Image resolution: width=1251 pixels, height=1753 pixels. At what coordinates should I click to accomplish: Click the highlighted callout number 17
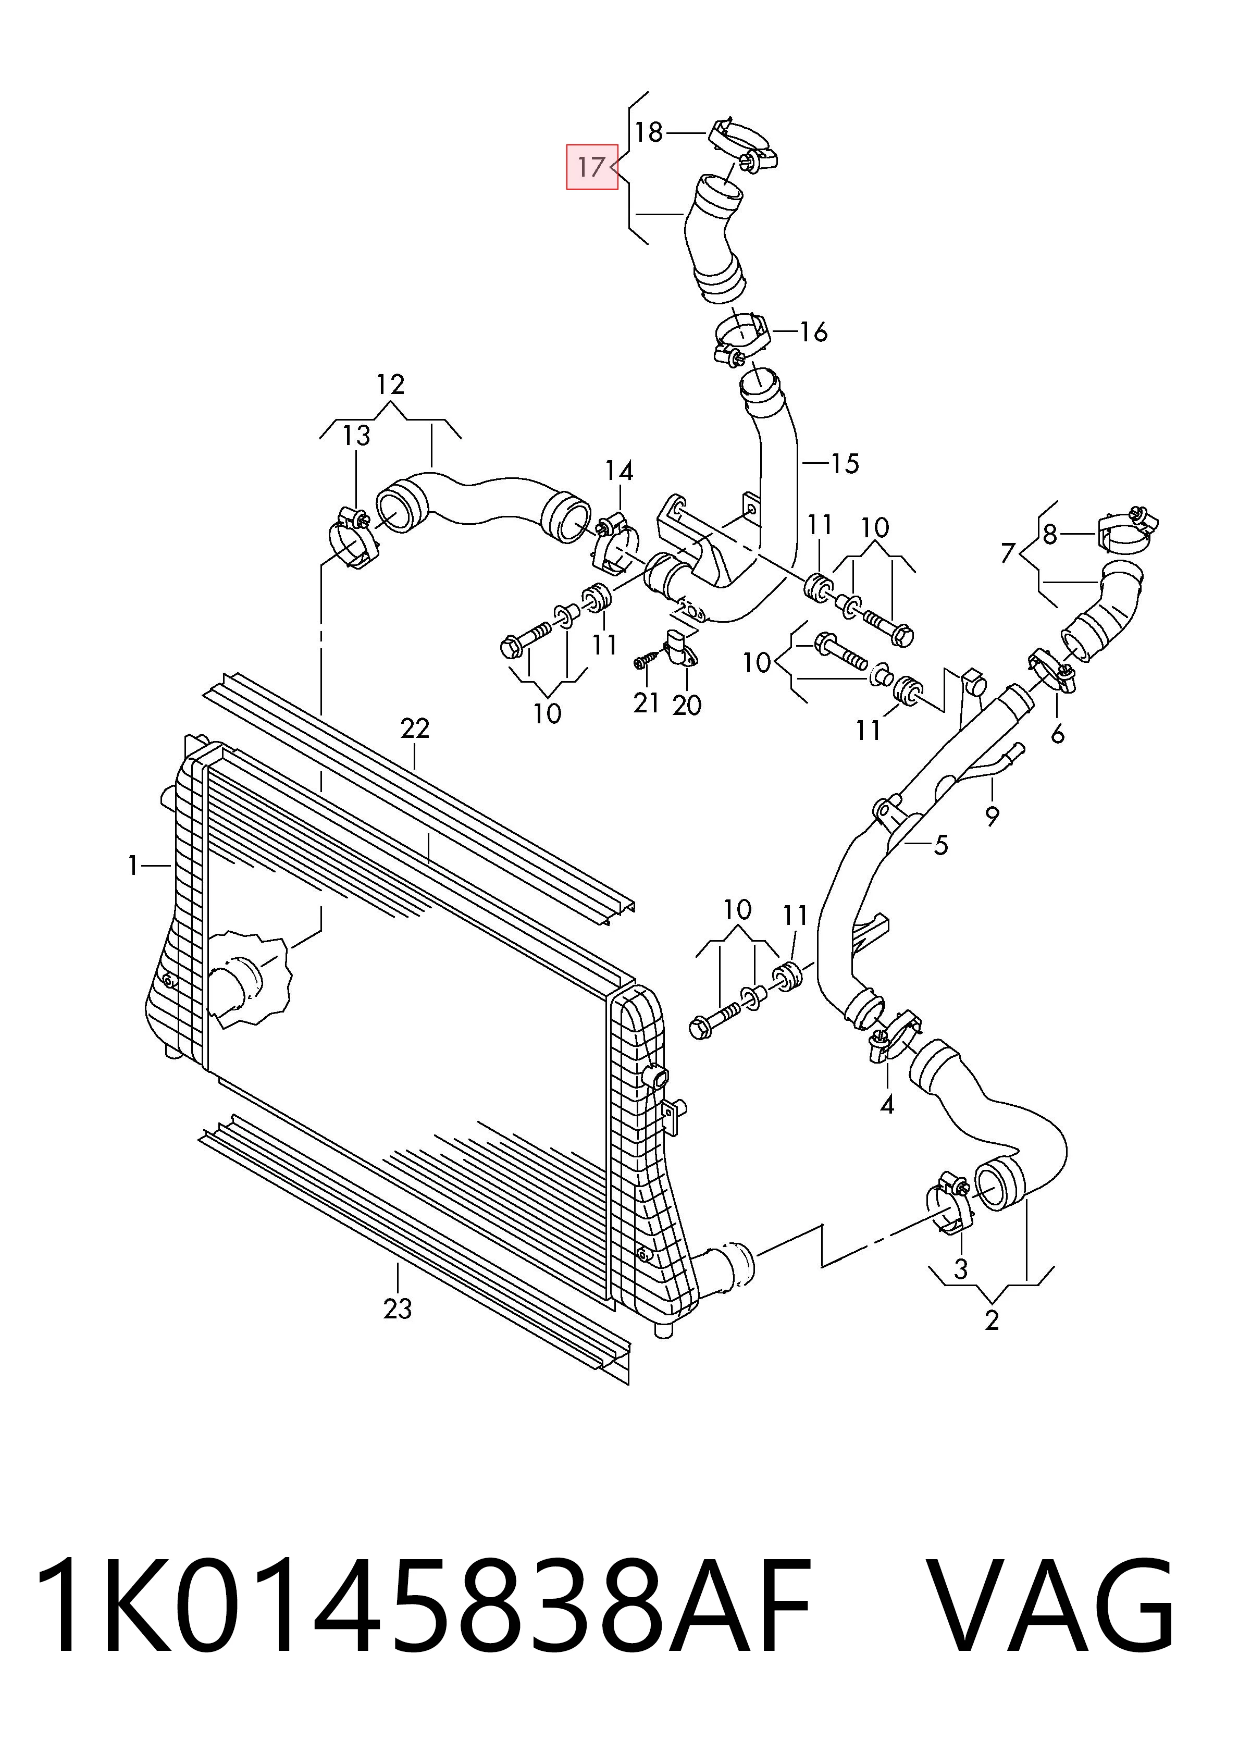(x=591, y=167)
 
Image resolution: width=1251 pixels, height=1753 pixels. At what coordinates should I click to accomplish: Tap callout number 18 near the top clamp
(x=649, y=132)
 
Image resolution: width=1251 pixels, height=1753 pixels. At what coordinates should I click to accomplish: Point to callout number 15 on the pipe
(x=845, y=464)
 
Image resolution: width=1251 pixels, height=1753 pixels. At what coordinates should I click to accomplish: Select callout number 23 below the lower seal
(x=398, y=1308)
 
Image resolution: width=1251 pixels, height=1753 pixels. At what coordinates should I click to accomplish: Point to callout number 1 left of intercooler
(x=133, y=866)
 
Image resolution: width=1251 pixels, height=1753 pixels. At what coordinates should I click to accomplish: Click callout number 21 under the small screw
(x=646, y=702)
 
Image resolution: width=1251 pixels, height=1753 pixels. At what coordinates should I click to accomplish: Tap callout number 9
(x=992, y=815)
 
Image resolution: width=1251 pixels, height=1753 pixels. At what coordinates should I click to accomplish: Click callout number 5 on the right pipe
(x=940, y=845)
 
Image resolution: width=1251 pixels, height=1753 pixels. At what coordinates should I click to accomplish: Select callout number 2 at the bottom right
(x=992, y=1319)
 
